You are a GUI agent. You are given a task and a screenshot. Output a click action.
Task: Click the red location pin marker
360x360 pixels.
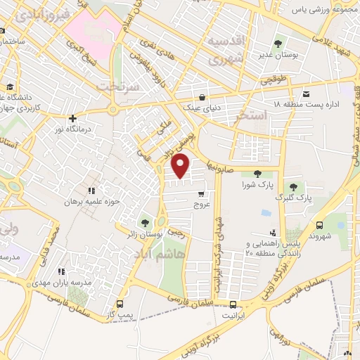181,165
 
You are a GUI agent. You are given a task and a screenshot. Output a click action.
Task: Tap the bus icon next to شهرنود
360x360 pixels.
321,226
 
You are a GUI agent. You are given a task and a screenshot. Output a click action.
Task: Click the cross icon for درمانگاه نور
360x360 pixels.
72,118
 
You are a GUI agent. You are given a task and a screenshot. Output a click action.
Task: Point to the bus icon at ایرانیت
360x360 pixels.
233,304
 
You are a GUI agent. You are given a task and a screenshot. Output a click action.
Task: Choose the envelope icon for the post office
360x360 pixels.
306,94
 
